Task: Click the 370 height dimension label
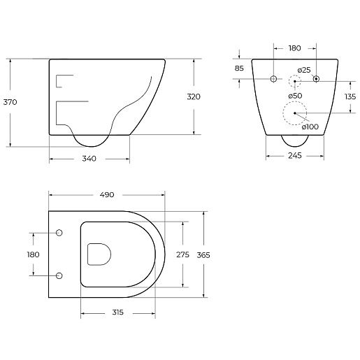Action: click(10, 102)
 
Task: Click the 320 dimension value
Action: click(194, 96)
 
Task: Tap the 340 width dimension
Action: click(89, 159)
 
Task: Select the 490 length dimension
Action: click(107, 195)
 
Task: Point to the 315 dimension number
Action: click(118, 312)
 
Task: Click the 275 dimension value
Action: click(182, 254)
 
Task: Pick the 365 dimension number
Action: click(203, 255)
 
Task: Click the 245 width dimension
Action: click(295, 155)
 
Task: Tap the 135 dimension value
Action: click(350, 96)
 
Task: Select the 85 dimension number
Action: click(239, 69)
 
